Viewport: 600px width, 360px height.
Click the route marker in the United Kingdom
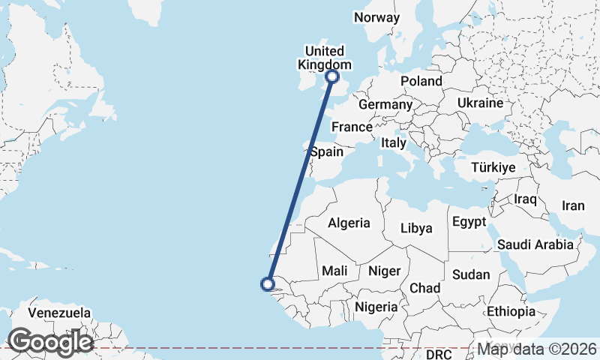pyautogui.click(x=332, y=76)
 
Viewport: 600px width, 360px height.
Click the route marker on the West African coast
pyautogui.click(x=266, y=283)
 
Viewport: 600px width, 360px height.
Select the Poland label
pyautogui.click(x=421, y=81)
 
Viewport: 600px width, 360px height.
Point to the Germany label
pyautogui.click(x=385, y=104)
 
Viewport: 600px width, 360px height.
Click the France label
pyautogui.click(x=352, y=127)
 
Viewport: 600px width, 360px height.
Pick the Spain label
pyautogui.click(x=327, y=151)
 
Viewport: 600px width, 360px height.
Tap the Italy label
pyautogui.click(x=394, y=142)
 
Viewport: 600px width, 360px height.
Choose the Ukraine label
pyautogui.click(x=479, y=103)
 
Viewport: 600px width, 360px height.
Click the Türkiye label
pyautogui.click(x=493, y=168)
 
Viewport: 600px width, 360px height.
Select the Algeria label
pyautogui.click(x=349, y=223)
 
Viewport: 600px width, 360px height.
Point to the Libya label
pyautogui.click(x=416, y=228)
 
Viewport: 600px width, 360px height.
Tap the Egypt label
pyautogui.click(x=469, y=222)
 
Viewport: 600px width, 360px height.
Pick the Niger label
pyautogui.click(x=383, y=271)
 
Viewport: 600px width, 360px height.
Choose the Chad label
pyautogui.click(x=424, y=288)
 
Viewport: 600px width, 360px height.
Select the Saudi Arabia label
pyautogui.click(x=535, y=244)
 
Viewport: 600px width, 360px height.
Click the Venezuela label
pyautogui.click(x=59, y=313)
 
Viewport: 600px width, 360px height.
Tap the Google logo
pyautogui.click(x=50, y=342)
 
